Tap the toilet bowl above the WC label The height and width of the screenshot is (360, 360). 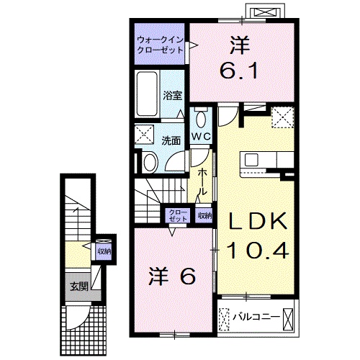(201, 118)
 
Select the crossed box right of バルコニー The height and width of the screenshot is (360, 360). (289, 317)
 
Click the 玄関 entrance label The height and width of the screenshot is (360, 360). (78, 287)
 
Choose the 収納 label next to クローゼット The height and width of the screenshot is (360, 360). (203, 215)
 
